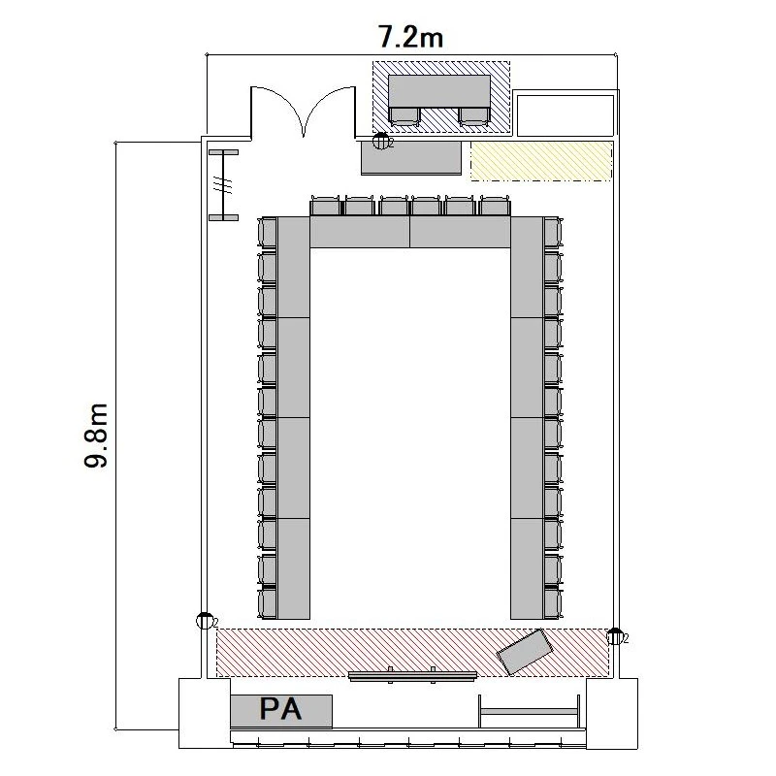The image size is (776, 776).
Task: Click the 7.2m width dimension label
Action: tap(410, 37)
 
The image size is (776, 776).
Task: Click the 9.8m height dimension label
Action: tap(95, 436)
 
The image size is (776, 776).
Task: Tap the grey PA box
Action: tap(281, 711)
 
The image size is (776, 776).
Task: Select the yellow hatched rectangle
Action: tap(541, 161)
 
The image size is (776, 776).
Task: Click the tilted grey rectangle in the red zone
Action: tap(525, 651)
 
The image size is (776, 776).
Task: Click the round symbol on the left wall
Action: tap(205, 621)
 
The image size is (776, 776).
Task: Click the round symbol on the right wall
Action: tap(615, 636)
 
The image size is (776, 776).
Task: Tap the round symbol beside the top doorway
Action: tap(380, 141)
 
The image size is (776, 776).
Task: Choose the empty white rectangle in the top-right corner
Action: tap(566, 115)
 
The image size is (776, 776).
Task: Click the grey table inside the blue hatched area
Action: tap(439, 91)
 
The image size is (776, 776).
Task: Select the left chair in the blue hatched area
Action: tap(404, 116)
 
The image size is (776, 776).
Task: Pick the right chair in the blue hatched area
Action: tap(473, 116)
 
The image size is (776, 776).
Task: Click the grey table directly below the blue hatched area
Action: tap(411, 158)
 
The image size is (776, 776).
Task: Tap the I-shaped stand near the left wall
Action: tap(224, 185)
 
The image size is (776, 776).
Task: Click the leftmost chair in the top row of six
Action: tap(326, 206)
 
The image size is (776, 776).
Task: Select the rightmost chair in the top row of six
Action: tap(495, 206)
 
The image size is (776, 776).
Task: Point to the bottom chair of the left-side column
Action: tap(268, 602)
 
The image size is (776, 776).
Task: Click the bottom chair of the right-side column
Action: tap(553, 602)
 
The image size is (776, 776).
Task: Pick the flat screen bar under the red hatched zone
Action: tap(412, 675)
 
